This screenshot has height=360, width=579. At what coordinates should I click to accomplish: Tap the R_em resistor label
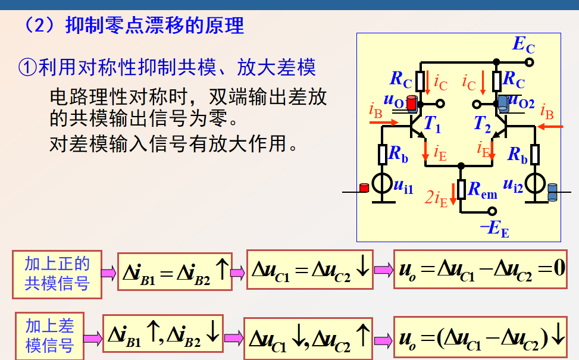tap(481, 189)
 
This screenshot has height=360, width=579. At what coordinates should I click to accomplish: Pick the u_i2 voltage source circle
tap(535, 185)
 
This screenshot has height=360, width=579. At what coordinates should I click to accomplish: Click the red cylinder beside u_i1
tap(364, 187)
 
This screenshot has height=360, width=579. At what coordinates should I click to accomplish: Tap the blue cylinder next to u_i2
tap(552, 192)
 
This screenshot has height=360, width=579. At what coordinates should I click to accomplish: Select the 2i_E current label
tap(436, 198)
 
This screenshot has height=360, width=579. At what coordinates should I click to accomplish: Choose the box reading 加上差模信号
tap(49, 335)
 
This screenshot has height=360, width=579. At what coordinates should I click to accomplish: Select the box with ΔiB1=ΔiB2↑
tap(174, 271)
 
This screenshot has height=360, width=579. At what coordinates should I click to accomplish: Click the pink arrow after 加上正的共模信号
tap(108, 273)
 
